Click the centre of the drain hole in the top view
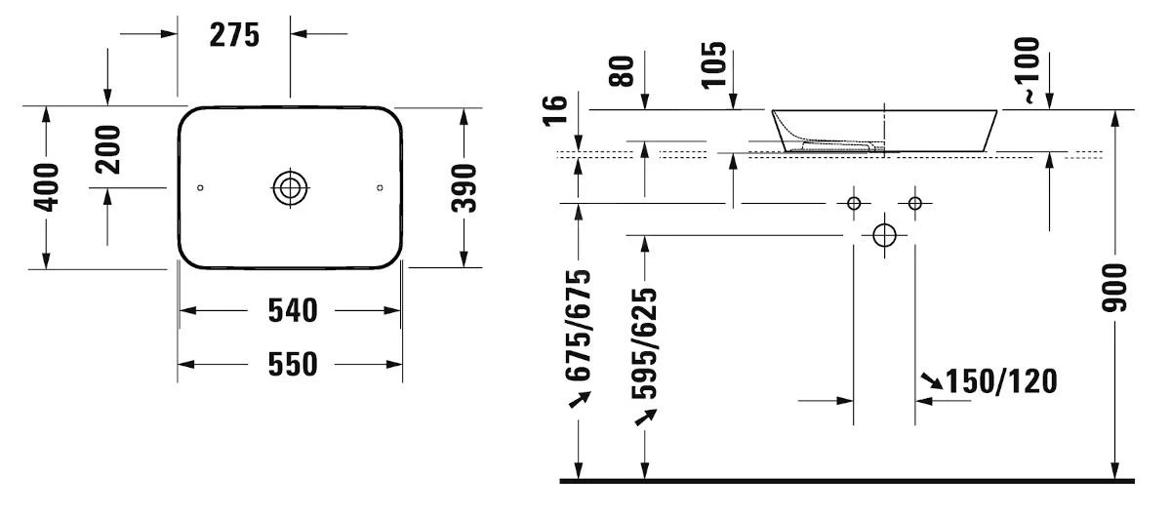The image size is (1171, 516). click(290, 187)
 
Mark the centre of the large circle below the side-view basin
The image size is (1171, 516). click(884, 236)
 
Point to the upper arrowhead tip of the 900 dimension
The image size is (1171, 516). click(1115, 110)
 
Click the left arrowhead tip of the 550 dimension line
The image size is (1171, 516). click(178, 365)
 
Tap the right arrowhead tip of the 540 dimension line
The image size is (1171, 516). click(401, 310)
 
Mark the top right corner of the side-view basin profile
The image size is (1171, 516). click(997, 110)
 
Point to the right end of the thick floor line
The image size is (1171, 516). click(1134, 481)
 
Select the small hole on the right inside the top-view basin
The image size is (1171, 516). click(380, 187)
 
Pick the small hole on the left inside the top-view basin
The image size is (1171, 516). click(200, 187)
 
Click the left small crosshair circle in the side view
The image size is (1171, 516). click(854, 203)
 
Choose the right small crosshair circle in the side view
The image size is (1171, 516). click(915, 203)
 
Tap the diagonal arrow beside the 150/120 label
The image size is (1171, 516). click(932, 381)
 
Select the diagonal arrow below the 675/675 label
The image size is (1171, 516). click(580, 399)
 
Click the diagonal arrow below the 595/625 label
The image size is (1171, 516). click(646, 417)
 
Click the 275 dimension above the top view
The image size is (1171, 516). click(234, 35)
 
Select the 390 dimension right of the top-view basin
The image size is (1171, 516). click(464, 188)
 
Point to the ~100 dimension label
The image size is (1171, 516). click(1028, 70)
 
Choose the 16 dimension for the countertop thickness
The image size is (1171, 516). click(555, 111)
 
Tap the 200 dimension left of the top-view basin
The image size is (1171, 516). click(107, 149)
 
